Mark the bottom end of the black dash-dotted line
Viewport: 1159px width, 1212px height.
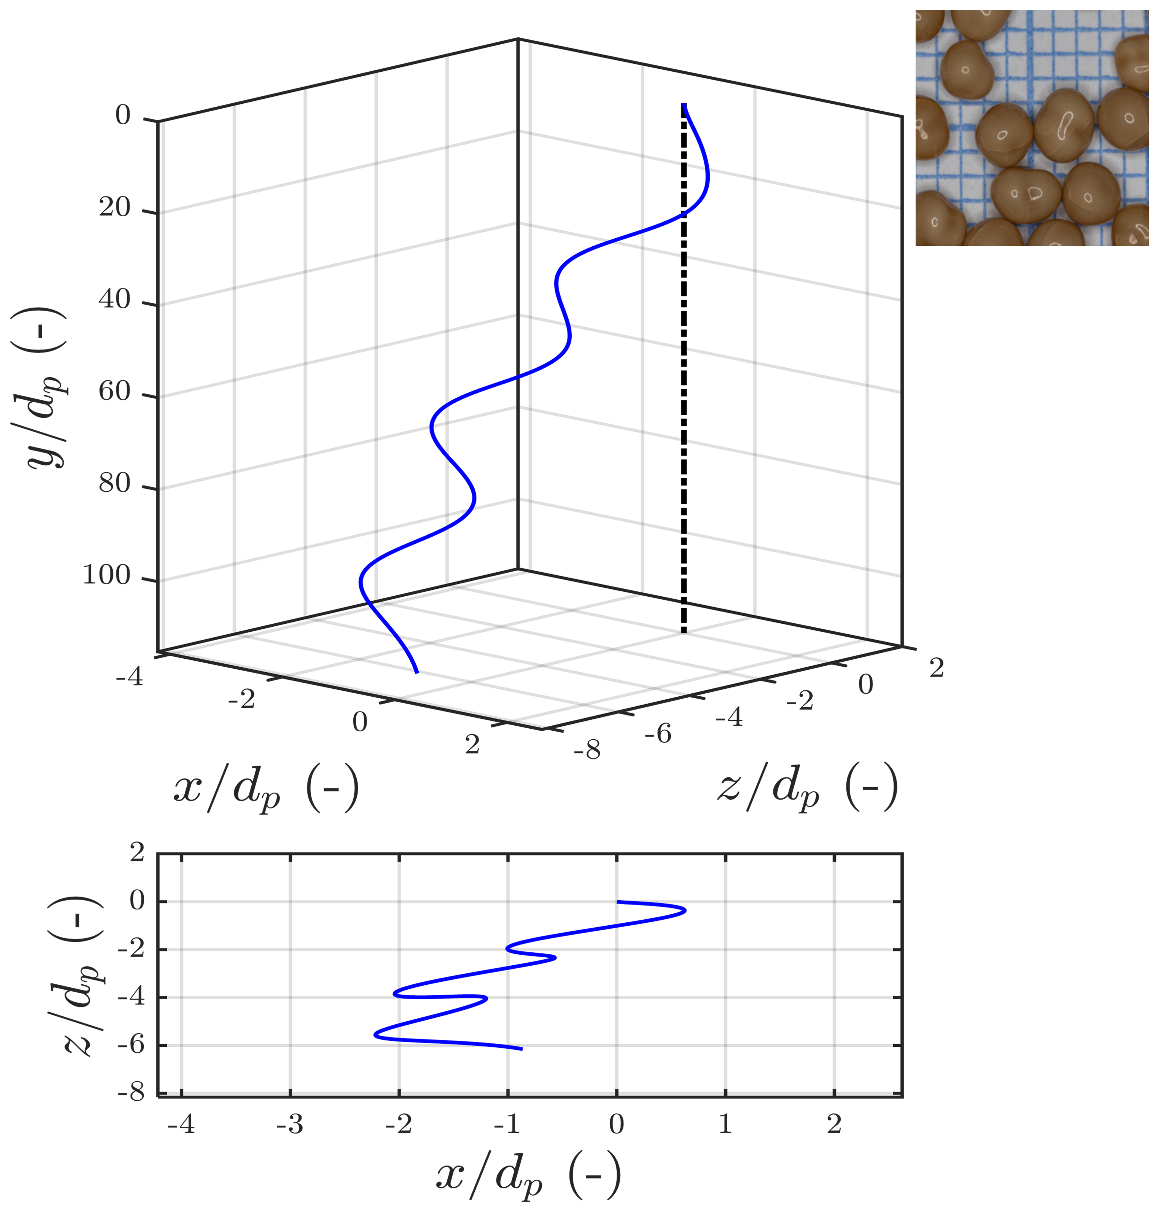click(x=684, y=632)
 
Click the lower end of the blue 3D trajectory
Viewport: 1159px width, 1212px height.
click(x=417, y=672)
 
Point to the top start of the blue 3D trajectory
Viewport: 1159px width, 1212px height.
click(x=685, y=105)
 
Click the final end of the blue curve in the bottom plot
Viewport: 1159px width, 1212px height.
click(x=522, y=1048)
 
